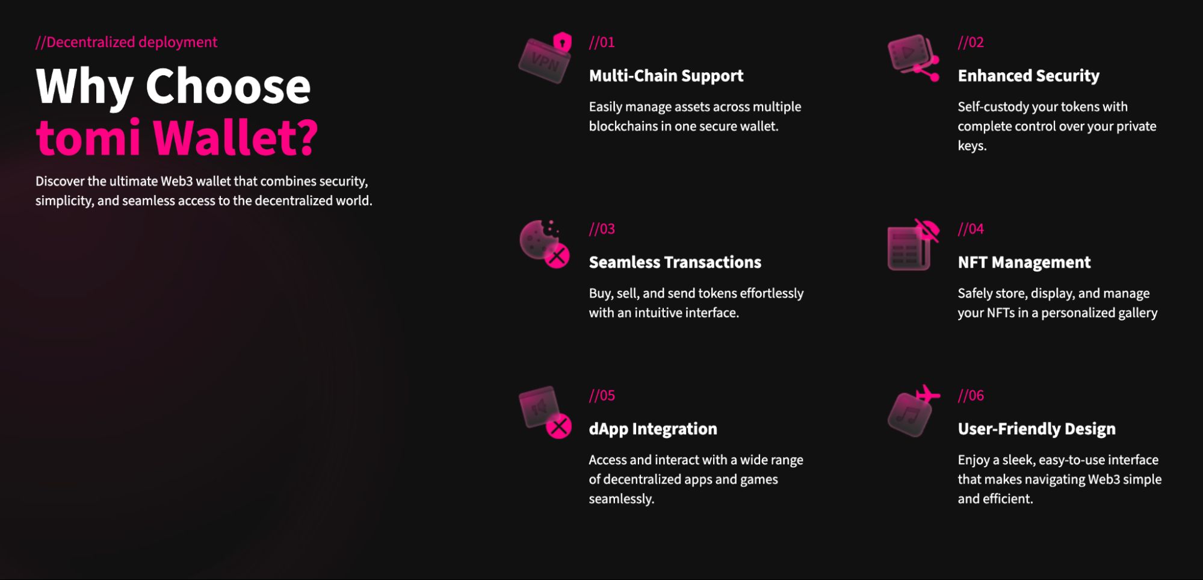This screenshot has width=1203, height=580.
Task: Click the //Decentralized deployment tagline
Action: click(x=126, y=42)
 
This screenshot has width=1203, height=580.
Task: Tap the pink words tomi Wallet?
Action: click(x=177, y=137)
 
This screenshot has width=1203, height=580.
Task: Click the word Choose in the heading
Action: click(x=228, y=86)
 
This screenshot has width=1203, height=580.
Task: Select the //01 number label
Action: click(x=602, y=42)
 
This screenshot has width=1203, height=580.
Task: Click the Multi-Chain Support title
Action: click(x=666, y=76)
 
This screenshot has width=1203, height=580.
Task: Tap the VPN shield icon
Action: click(x=545, y=58)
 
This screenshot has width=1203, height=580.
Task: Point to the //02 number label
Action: click(x=971, y=42)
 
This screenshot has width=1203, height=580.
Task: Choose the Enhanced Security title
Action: click(x=1028, y=76)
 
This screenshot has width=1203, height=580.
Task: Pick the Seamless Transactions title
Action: click(x=675, y=263)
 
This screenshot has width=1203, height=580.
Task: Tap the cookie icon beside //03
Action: click(x=544, y=243)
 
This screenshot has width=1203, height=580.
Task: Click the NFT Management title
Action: click(x=1024, y=263)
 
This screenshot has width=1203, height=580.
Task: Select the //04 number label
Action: click(x=971, y=229)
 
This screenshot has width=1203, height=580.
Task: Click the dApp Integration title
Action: click(x=653, y=429)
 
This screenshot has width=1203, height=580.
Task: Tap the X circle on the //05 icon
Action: click(x=559, y=426)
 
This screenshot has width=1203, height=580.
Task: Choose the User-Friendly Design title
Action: click(x=1037, y=429)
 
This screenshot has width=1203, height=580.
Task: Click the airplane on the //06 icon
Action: click(x=927, y=394)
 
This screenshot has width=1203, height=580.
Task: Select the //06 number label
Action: click(x=971, y=396)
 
